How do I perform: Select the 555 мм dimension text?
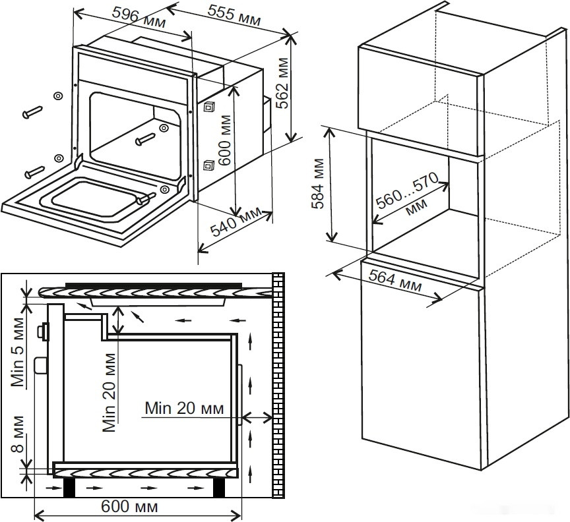[234, 15]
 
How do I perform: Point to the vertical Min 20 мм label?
[110, 391]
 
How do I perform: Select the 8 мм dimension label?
[19, 438]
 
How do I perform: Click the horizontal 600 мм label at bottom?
[130, 507]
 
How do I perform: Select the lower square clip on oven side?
[209, 165]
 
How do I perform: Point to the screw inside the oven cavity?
[146, 139]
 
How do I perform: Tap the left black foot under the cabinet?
[68, 488]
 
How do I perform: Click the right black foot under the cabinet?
[220, 488]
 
